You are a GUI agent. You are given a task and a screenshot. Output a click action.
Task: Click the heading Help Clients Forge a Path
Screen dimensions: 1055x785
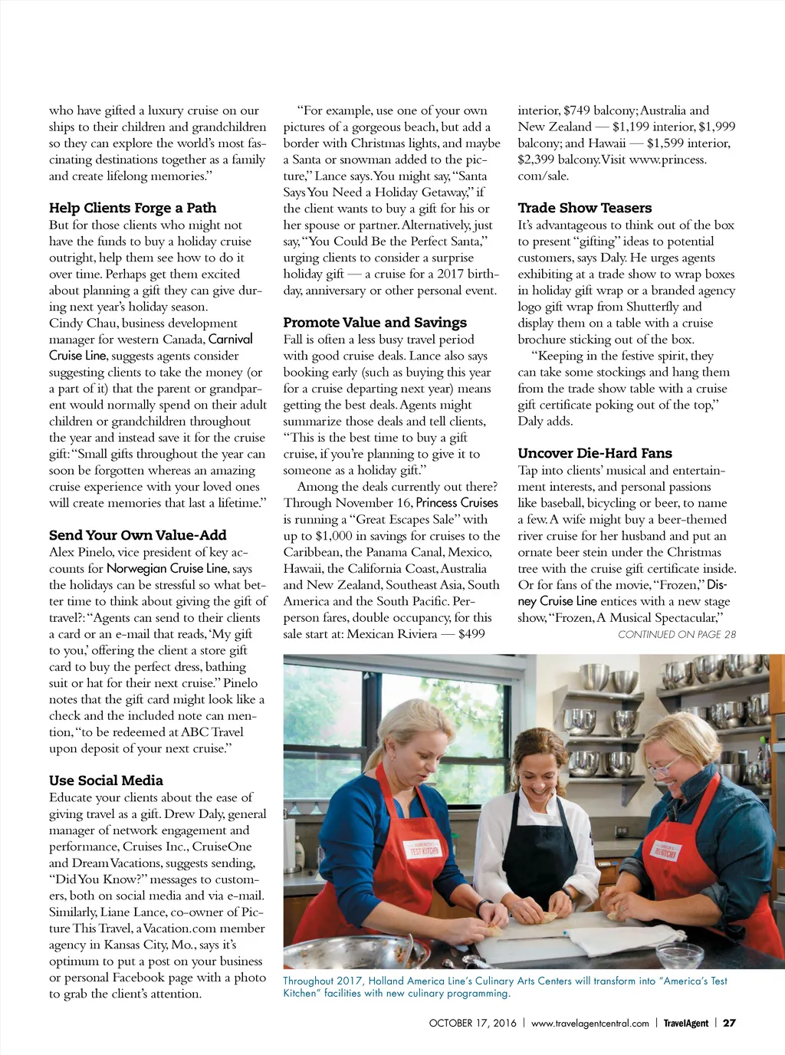coord(133,208)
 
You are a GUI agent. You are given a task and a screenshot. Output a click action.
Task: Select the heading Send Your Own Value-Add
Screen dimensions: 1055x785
coord(137,535)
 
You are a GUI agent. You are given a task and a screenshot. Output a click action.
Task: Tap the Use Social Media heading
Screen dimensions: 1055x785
coord(106,781)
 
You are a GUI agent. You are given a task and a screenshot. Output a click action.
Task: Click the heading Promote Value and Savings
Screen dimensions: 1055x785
coord(375,323)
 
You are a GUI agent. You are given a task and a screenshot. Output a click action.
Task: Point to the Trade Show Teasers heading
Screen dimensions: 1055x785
coord(584,208)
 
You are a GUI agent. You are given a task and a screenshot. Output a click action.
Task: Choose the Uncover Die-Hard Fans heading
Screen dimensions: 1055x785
coord(595,453)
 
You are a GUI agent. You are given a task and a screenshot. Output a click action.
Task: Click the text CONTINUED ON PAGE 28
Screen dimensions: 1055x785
coord(676,635)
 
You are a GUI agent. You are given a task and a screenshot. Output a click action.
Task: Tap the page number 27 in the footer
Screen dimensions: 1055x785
coord(729,1023)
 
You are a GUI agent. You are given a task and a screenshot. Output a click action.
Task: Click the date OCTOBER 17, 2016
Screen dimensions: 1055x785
coord(472,1023)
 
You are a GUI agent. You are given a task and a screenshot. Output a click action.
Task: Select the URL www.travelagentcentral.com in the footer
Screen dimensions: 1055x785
coord(590,1023)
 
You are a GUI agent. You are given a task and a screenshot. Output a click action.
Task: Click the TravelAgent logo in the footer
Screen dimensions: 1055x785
coord(685,1023)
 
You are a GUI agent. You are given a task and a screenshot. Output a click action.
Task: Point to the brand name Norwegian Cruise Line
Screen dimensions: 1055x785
coord(167,568)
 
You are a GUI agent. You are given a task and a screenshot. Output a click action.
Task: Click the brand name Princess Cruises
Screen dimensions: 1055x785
coord(457,503)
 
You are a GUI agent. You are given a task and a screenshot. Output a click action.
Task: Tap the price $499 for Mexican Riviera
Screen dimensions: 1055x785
coord(471,634)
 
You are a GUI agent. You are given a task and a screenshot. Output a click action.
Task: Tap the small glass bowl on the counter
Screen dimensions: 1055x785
coord(678,955)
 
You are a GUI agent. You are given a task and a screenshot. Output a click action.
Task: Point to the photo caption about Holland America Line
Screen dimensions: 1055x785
coord(504,987)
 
